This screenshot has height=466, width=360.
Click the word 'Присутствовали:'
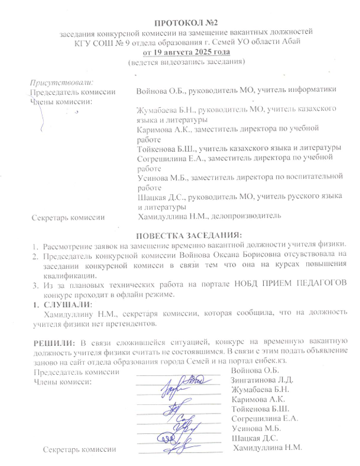coord(62,82)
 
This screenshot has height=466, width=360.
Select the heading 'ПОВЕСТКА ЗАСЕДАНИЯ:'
coord(189,235)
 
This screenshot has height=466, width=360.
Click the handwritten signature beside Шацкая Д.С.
coord(176,438)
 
